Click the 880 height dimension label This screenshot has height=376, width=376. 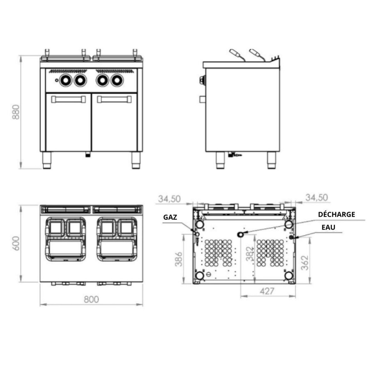click(16, 112)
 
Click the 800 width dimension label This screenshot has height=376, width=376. click(91, 300)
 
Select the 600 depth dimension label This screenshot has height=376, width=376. click(16, 243)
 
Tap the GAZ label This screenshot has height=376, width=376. click(170, 217)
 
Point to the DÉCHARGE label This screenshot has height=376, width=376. click(336, 214)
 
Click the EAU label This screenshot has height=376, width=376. click(328, 227)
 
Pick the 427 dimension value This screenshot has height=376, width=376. click(267, 291)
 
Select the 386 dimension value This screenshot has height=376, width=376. click(179, 259)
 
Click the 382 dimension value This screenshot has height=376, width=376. click(250, 254)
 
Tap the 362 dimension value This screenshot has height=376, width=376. click(304, 263)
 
